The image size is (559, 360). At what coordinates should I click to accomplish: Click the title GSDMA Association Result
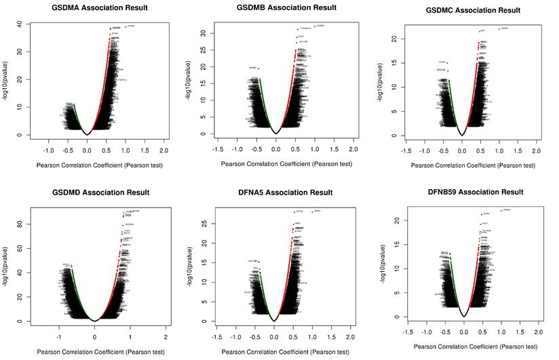(x=100, y=8)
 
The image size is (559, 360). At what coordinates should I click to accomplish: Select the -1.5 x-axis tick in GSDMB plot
(x=217, y=148)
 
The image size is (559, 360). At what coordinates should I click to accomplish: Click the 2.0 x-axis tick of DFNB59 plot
(x=539, y=332)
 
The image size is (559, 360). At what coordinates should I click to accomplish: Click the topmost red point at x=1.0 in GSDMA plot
(x=126, y=26)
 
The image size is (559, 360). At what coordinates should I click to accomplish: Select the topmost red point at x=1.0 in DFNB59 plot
(x=501, y=210)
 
